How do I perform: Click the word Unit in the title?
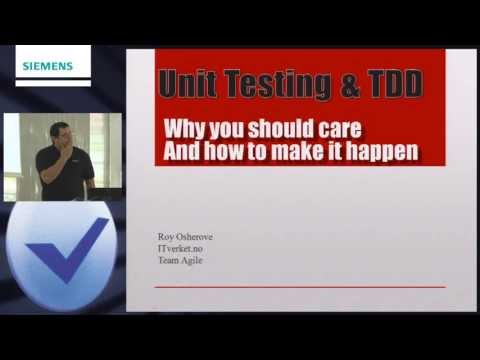[191, 86]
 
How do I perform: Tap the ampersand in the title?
[348, 86]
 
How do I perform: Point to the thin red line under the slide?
[300, 287]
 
